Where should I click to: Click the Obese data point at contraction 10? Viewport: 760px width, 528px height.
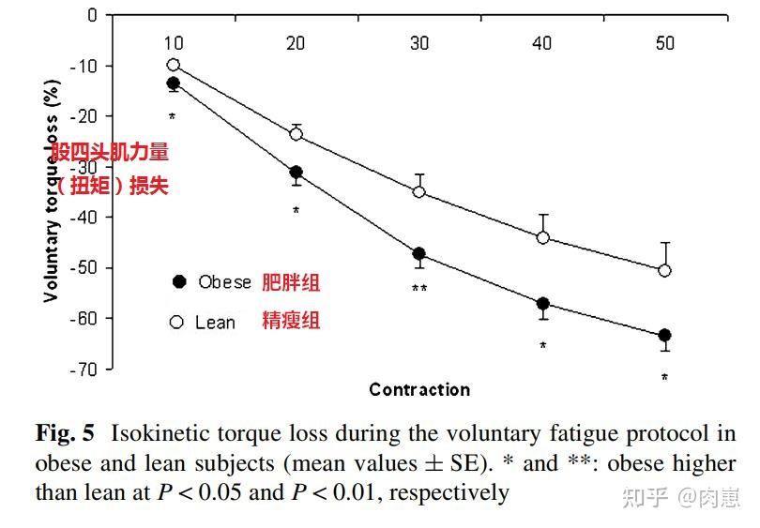tap(173, 83)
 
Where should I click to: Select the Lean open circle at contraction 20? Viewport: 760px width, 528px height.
tap(296, 134)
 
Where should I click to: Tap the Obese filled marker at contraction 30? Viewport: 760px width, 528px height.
tap(419, 254)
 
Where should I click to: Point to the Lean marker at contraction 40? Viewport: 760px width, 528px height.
tap(542, 237)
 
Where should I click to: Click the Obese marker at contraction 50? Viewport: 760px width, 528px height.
tap(665, 335)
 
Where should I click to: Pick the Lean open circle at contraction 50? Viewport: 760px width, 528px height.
tap(665, 270)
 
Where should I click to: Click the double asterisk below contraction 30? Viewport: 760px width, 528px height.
tap(419, 289)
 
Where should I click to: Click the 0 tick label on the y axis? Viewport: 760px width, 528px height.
tap(93, 15)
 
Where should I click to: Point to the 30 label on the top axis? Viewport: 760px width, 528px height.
tap(419, 43)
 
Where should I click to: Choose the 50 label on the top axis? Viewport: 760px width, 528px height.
tap(665, 43)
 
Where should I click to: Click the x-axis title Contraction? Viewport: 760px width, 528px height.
tap(419, 389)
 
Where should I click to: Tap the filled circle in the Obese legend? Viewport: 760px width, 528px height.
tap(179, 282)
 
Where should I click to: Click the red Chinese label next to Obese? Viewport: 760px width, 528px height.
tap(291, 282)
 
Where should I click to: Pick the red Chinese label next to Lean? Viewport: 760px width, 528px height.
tap(291, 322)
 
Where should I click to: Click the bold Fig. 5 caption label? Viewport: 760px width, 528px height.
tap(65, 434)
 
